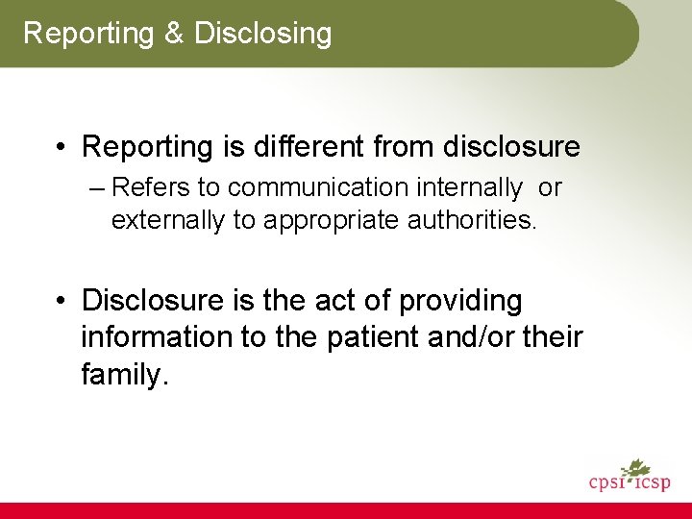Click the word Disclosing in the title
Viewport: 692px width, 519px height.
[x=262, y=35]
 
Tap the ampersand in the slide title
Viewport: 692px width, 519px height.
[x=173, y=34]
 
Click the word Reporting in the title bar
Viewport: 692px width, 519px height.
[x=88, y=35]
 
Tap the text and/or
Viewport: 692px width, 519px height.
[x=471, y=338]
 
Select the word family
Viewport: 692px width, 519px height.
[x=123, y=375]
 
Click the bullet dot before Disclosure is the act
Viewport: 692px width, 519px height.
[x=62, y=302]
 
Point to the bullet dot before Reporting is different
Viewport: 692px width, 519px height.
[x=62, y=148]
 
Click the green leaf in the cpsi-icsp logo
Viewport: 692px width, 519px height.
[x=635, y=469]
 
